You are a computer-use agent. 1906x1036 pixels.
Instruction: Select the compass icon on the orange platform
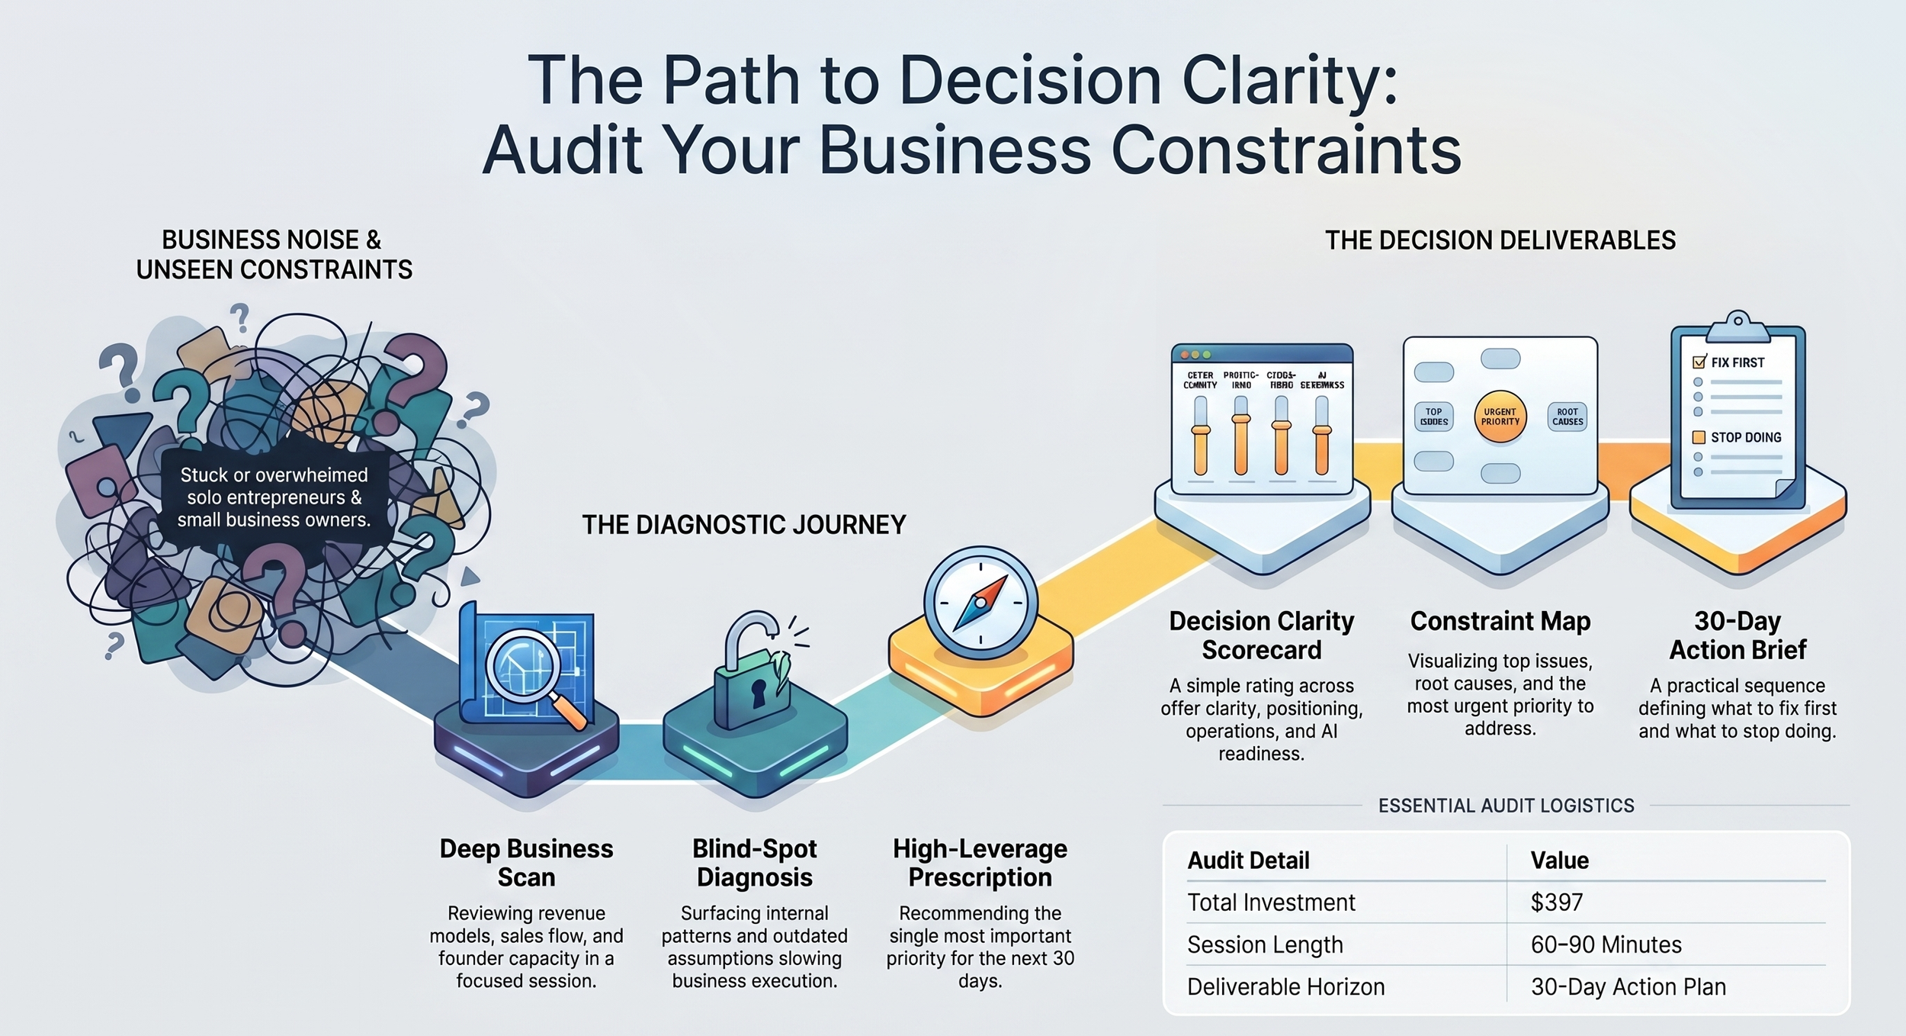pos(980,603)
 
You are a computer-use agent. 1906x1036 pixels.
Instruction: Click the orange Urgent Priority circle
pos(1500,417)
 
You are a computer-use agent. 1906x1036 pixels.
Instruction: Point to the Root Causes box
pos(1567,417)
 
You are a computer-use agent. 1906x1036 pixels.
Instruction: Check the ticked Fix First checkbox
pos(1699,362)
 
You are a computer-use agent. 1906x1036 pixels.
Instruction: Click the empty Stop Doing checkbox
pos(1699,437)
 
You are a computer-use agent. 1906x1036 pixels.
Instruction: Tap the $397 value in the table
pos(1556,902)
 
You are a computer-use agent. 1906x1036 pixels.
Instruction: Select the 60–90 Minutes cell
pos(1606,944)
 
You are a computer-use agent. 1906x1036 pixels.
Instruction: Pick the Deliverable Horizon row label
pos(1285,986)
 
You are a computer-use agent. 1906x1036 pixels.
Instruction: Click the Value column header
pos(1559,861)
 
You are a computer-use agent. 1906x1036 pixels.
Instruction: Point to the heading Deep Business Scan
pos(526,863)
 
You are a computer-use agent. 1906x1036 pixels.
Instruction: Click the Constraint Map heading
pos(1500,621)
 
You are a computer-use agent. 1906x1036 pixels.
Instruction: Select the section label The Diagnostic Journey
pos(743,525)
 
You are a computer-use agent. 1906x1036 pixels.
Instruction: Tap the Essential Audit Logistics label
pos(1506,806)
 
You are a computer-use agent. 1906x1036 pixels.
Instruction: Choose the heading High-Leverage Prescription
pos(980,863)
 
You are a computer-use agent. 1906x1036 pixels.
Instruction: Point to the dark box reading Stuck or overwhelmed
pos(274,497)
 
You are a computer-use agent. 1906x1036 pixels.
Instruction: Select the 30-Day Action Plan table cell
pos(1628,986)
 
